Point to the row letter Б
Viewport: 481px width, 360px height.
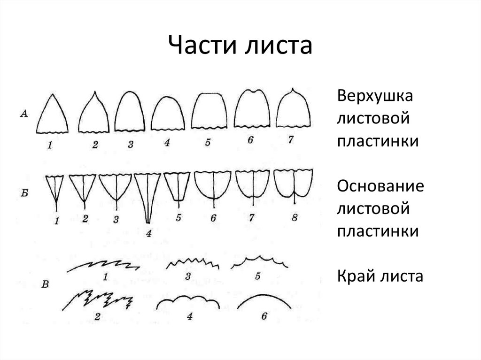pyautogui.click(x=24, y=191)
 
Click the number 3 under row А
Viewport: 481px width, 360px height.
pyautogui.click(x=131, y=144)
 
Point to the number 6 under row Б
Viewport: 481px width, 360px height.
pyautogui.click(x=214, y=218)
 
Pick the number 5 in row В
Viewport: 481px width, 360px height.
pyautogui.click(x=257, y=276)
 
